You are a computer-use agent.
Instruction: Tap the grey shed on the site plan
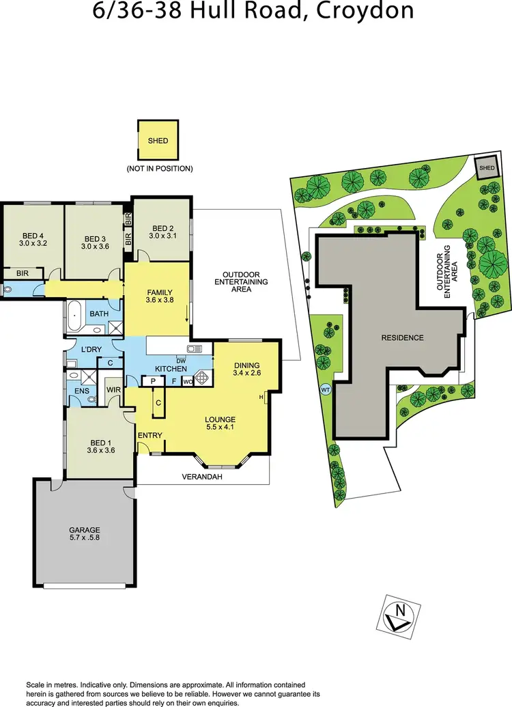pyautogui.click(x=487, y=168)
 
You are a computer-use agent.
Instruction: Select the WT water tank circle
pyautogui.click(x=325, y=391)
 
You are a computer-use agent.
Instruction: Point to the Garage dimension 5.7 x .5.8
pyautogui.click(x=84, y=539)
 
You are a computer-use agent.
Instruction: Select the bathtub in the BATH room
pyautogui.click(x=74, y=316)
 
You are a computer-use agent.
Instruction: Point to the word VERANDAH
pyautogui.click(x=202, y=477)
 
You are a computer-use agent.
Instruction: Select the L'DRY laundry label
pyautogui.click(x=91, y=350)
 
